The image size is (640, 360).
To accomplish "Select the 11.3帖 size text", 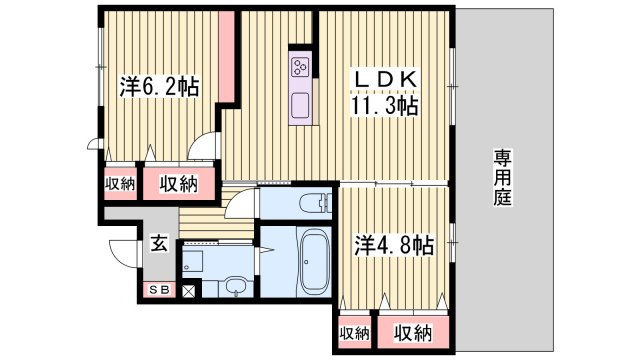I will [382, 105].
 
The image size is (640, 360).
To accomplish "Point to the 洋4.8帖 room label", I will [394, 244].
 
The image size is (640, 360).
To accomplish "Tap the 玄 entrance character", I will [158, 242].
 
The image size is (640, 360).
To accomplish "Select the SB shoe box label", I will [158, 290].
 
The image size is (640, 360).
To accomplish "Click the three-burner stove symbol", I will [301, 66].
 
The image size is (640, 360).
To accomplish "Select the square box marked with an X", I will [187, 291].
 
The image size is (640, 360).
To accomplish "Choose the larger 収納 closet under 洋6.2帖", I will [177, 183].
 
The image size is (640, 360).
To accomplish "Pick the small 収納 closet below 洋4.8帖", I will [353, 332].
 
